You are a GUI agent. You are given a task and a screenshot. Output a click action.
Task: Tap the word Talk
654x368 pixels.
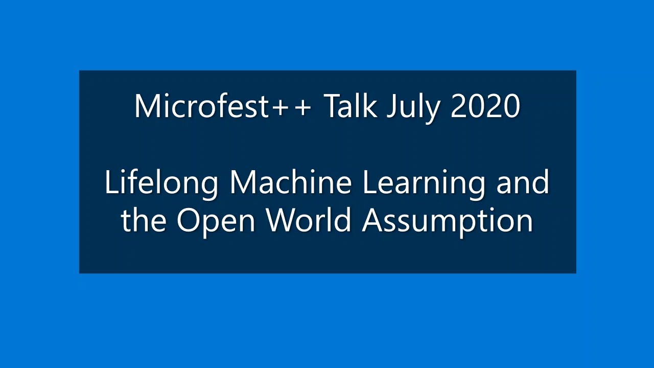[x=351, y=106]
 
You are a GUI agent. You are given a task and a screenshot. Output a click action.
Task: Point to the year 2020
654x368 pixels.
[x=485, y=106]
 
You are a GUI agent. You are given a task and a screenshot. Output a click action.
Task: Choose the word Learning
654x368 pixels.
[x=424, y=183]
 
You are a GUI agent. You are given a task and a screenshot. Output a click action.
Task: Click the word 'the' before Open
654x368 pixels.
[x=144, y=220]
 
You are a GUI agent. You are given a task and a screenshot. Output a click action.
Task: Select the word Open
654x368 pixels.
[x=215, y=221]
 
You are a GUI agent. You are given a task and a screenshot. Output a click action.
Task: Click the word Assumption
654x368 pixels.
[x=448, y=221]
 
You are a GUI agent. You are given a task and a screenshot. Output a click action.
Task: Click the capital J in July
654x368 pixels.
[x=390, y=106]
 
